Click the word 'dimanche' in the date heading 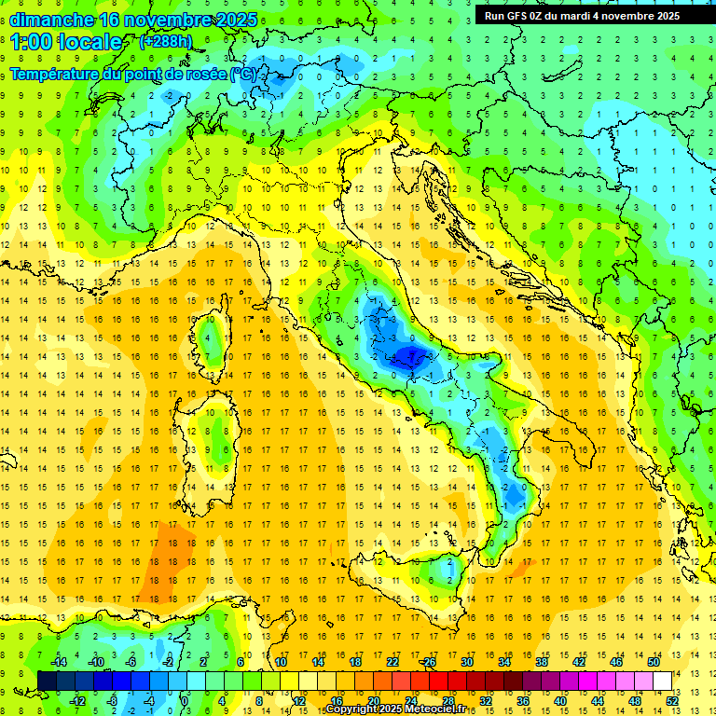click(x=47, y=19)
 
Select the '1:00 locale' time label click(x=65, y=42)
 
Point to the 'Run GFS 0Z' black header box click(x=582, y=15)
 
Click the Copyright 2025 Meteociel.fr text click(x=384, y=709)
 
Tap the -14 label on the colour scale click(x=60, y=662)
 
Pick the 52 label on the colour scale click(x=671, y=700)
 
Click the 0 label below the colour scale click(x=185, y=700)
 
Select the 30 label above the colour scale click(x=466, y=662)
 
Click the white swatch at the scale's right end click(x=662, y=681)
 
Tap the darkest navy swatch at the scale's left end click(x=47, y=681)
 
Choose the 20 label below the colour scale click(x=373, y=700)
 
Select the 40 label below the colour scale click(x=560, y=700)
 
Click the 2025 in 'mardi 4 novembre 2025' click(x=666, y=16)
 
